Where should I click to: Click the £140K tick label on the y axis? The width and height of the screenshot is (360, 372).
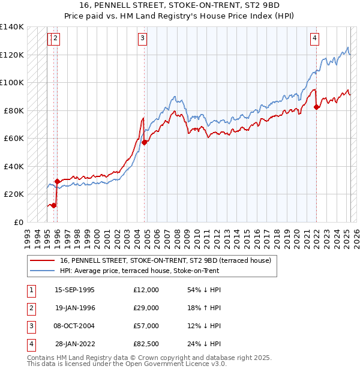click(x=12, y=27)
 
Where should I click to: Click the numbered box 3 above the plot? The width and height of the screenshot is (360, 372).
click(x=143, y=39)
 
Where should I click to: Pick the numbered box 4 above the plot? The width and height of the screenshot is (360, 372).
click(x=314, y=39)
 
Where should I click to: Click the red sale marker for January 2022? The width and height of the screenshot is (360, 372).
click(x=316, y=107)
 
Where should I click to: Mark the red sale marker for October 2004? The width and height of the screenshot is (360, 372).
click(x=145, y=143)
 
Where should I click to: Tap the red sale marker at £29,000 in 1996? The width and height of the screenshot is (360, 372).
click(x=57, y=181)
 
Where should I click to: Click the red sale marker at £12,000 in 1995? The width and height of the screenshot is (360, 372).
click(x=53, y=205)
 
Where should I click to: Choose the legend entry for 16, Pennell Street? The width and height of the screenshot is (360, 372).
click(x=166, y=260)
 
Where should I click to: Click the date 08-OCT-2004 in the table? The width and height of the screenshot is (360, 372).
click(x=74, y=326)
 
